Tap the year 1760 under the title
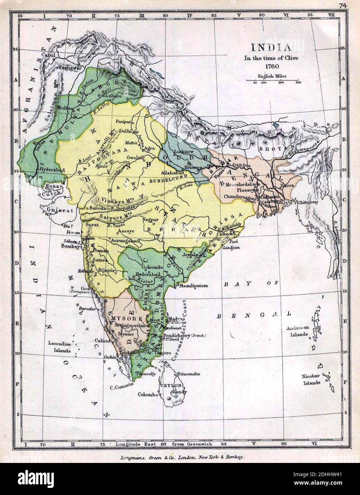(271, 66)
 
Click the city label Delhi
(125, 130)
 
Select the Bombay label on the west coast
(70, 246)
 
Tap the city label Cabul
(48, 54)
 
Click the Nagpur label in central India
(150, 219)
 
